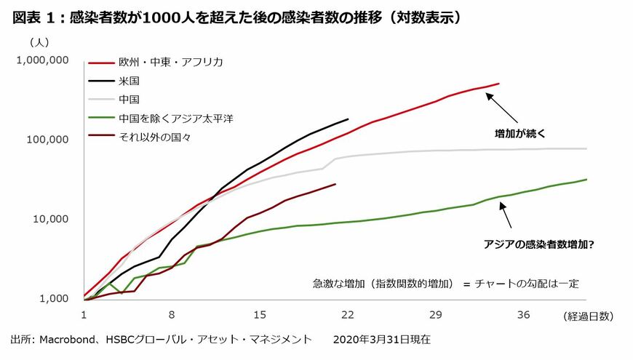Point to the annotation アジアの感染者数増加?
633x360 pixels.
[538, 244]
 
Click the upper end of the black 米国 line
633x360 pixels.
[348, 119]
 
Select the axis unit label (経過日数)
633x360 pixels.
[589, 315]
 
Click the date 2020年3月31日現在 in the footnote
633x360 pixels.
[381, 340]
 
